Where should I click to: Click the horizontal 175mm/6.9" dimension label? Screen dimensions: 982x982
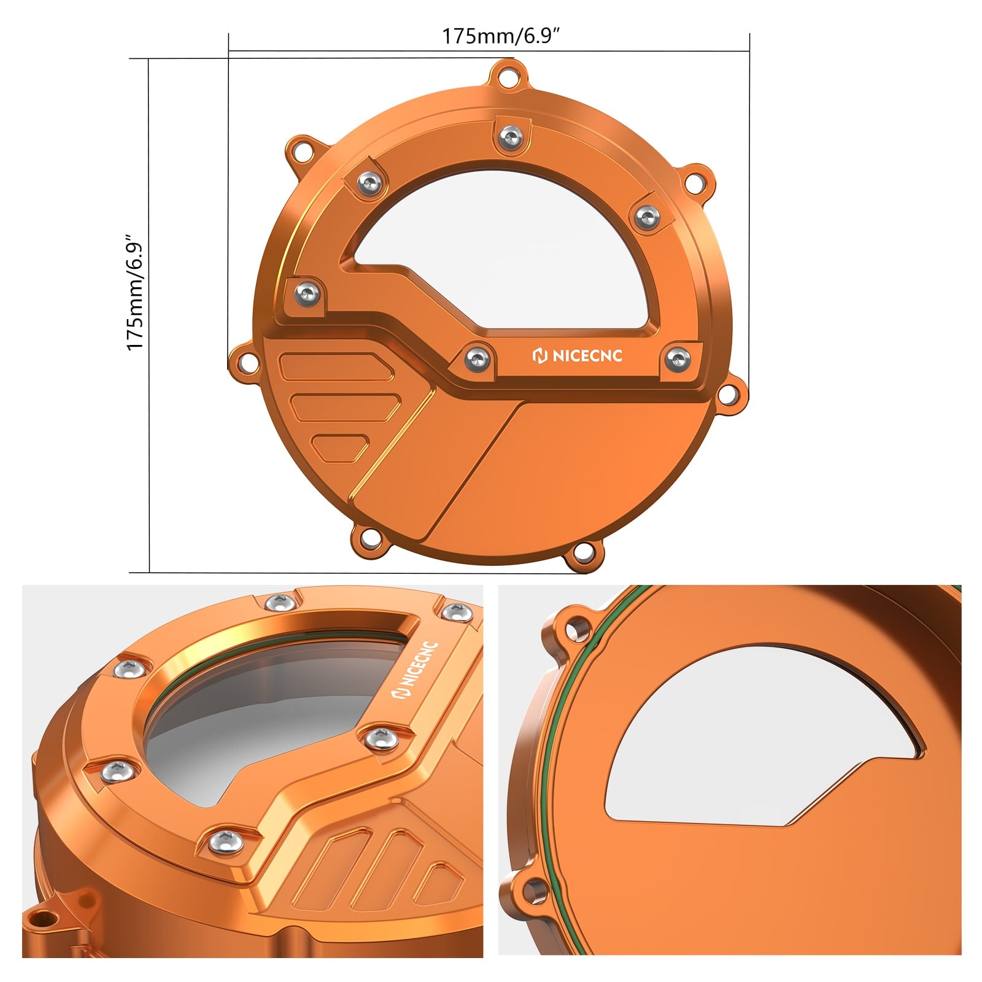[x=502, y=36]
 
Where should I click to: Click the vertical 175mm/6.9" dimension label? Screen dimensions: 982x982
[x=134, y=292]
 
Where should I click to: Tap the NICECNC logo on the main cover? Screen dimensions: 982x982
[x=577, y=355]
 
